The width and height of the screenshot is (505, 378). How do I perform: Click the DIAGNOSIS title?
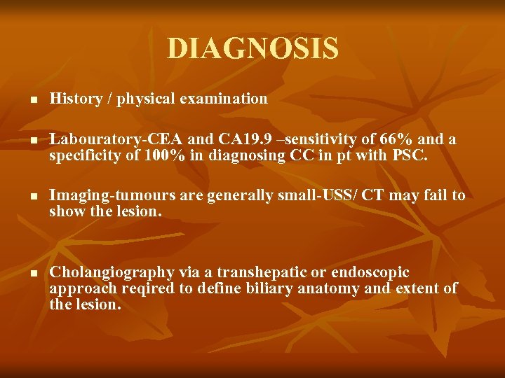pyautogui.click(x=252, y=49)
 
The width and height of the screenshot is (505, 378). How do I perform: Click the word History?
pyautogui.click(x=75, y=99)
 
